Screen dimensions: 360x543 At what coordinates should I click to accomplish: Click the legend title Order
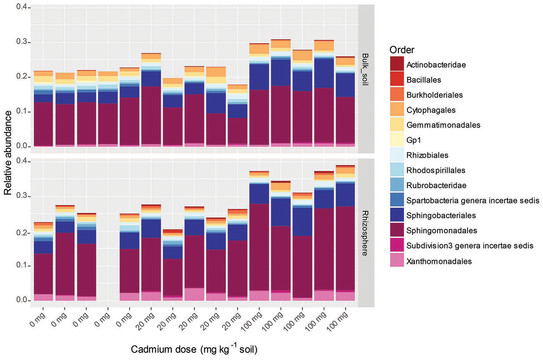[402, 50]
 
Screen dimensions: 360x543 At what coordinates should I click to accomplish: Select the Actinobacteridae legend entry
[436, 65]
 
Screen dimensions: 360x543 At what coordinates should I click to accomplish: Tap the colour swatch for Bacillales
[397, 80]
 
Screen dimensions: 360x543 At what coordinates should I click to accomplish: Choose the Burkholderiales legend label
[435, 95]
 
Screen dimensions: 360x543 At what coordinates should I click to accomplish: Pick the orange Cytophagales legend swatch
[397, 110]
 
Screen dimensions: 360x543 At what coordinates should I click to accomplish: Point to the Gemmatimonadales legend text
[443, 125]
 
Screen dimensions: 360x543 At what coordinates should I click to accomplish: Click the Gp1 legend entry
[413, 140]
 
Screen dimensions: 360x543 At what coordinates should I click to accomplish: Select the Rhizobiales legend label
[427, 155]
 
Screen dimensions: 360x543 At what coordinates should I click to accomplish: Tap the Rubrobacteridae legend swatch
[397, 185]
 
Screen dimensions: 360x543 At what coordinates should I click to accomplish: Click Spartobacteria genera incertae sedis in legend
[472, 201]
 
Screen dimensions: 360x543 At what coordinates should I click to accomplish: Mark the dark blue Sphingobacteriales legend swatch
[397, 215]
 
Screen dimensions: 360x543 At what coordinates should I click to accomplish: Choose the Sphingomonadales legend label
[442, 231]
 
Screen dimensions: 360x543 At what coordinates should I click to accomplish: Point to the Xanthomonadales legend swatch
[397, 261]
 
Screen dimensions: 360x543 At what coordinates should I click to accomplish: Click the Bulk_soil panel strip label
[365, 69]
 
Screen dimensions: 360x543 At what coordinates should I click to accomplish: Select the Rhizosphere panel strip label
[365, 233]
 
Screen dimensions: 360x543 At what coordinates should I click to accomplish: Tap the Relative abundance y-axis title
[8, 152]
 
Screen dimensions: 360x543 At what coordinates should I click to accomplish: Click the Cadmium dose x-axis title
[194, 349]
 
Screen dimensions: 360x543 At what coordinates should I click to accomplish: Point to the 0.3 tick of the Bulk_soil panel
[21, 42]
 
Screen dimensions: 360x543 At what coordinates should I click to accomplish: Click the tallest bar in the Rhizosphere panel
[346, 233]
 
